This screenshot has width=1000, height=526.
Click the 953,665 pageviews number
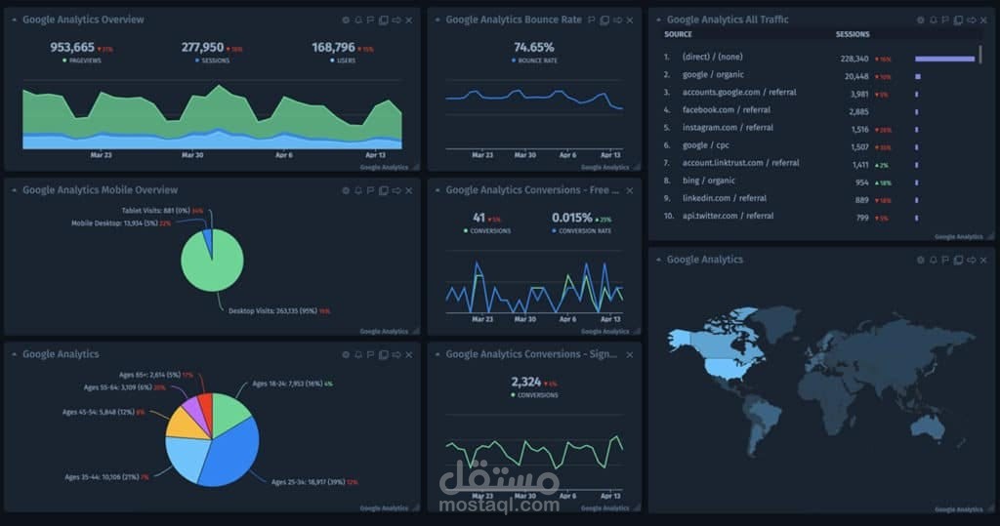click(72, 47)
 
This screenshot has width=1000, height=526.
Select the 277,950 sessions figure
click(202, 47)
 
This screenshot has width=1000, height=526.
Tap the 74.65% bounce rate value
click(533, 47)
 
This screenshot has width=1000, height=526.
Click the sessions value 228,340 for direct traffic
click(854, 58)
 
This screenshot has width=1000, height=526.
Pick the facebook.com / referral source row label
click(721, 110)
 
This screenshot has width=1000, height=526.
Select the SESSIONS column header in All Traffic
click(853, 34)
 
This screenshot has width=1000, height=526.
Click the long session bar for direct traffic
click(944, 59)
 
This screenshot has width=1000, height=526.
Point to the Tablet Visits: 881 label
click(155, 210)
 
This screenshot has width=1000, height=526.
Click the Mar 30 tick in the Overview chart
click(192, 154)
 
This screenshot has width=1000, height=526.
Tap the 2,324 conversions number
click(525, 382)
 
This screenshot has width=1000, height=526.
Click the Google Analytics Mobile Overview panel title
click(100, 190)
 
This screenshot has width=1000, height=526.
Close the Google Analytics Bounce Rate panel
click(630, 20)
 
